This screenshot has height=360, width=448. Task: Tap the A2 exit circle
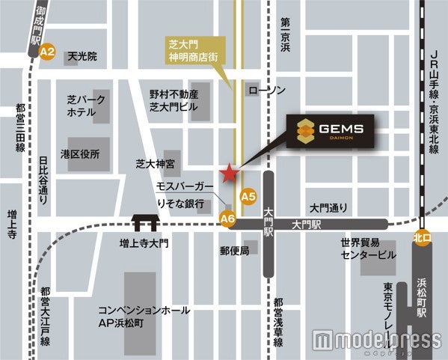click(x=48, y=52)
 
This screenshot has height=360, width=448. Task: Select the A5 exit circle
click(x=248, y=196)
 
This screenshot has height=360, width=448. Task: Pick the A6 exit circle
click(x=228, y=218)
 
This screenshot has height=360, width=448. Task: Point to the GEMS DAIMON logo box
click(x=330, y=132)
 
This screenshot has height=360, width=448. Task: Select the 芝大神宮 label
click(x=156, y=162)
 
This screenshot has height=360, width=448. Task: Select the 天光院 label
click(x=82, y=56)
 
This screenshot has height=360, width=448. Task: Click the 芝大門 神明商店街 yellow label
click(x=193, y=48)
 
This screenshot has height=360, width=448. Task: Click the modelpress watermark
click(x=377, y=340)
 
